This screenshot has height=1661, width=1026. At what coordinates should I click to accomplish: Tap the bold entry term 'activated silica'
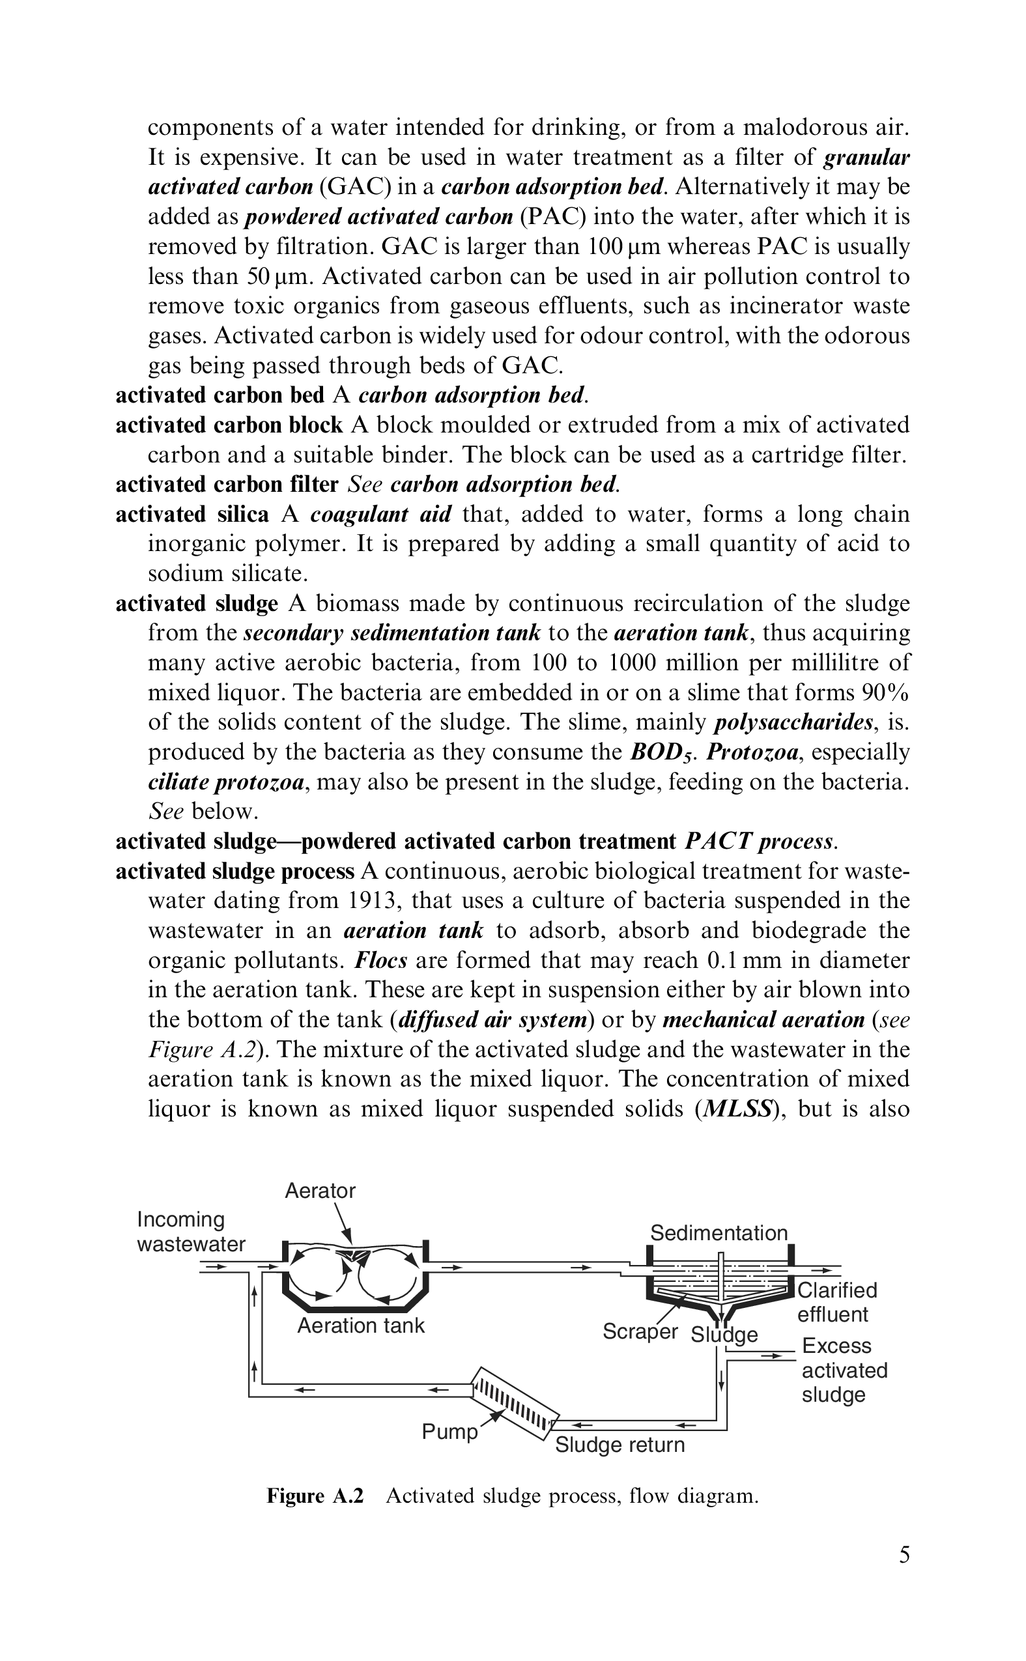coord(192,515)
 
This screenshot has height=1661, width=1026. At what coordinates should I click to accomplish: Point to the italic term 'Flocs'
coord(381,960)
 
